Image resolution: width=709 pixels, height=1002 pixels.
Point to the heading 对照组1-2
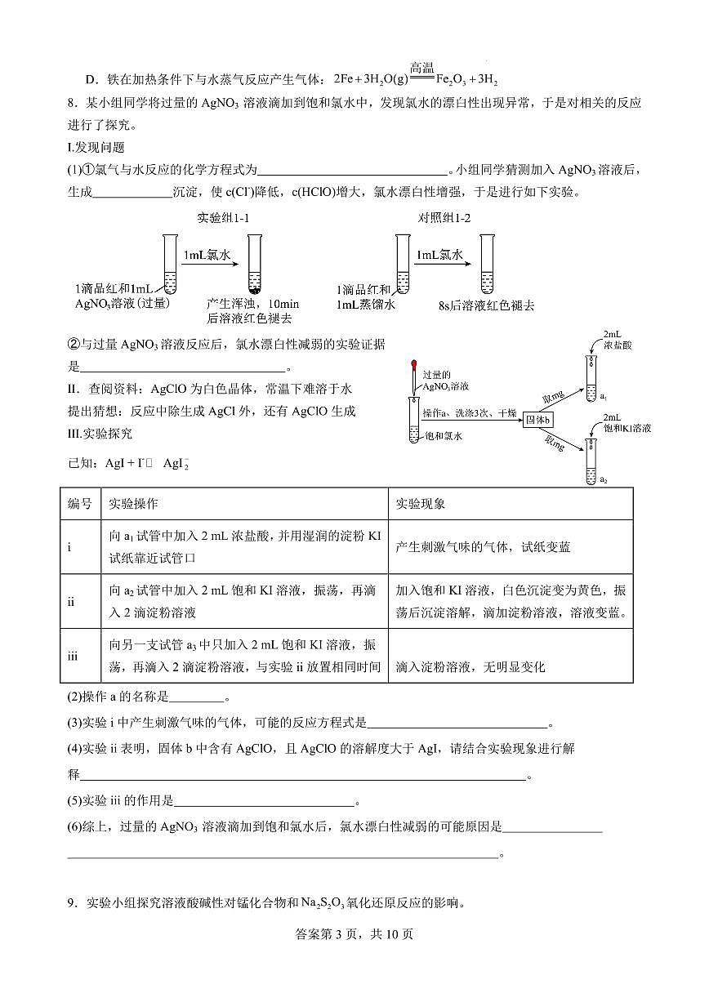(444, 218)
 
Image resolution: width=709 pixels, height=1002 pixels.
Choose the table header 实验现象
(421, 504)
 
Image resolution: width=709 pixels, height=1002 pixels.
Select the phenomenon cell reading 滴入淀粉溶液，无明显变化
(470, 667)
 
